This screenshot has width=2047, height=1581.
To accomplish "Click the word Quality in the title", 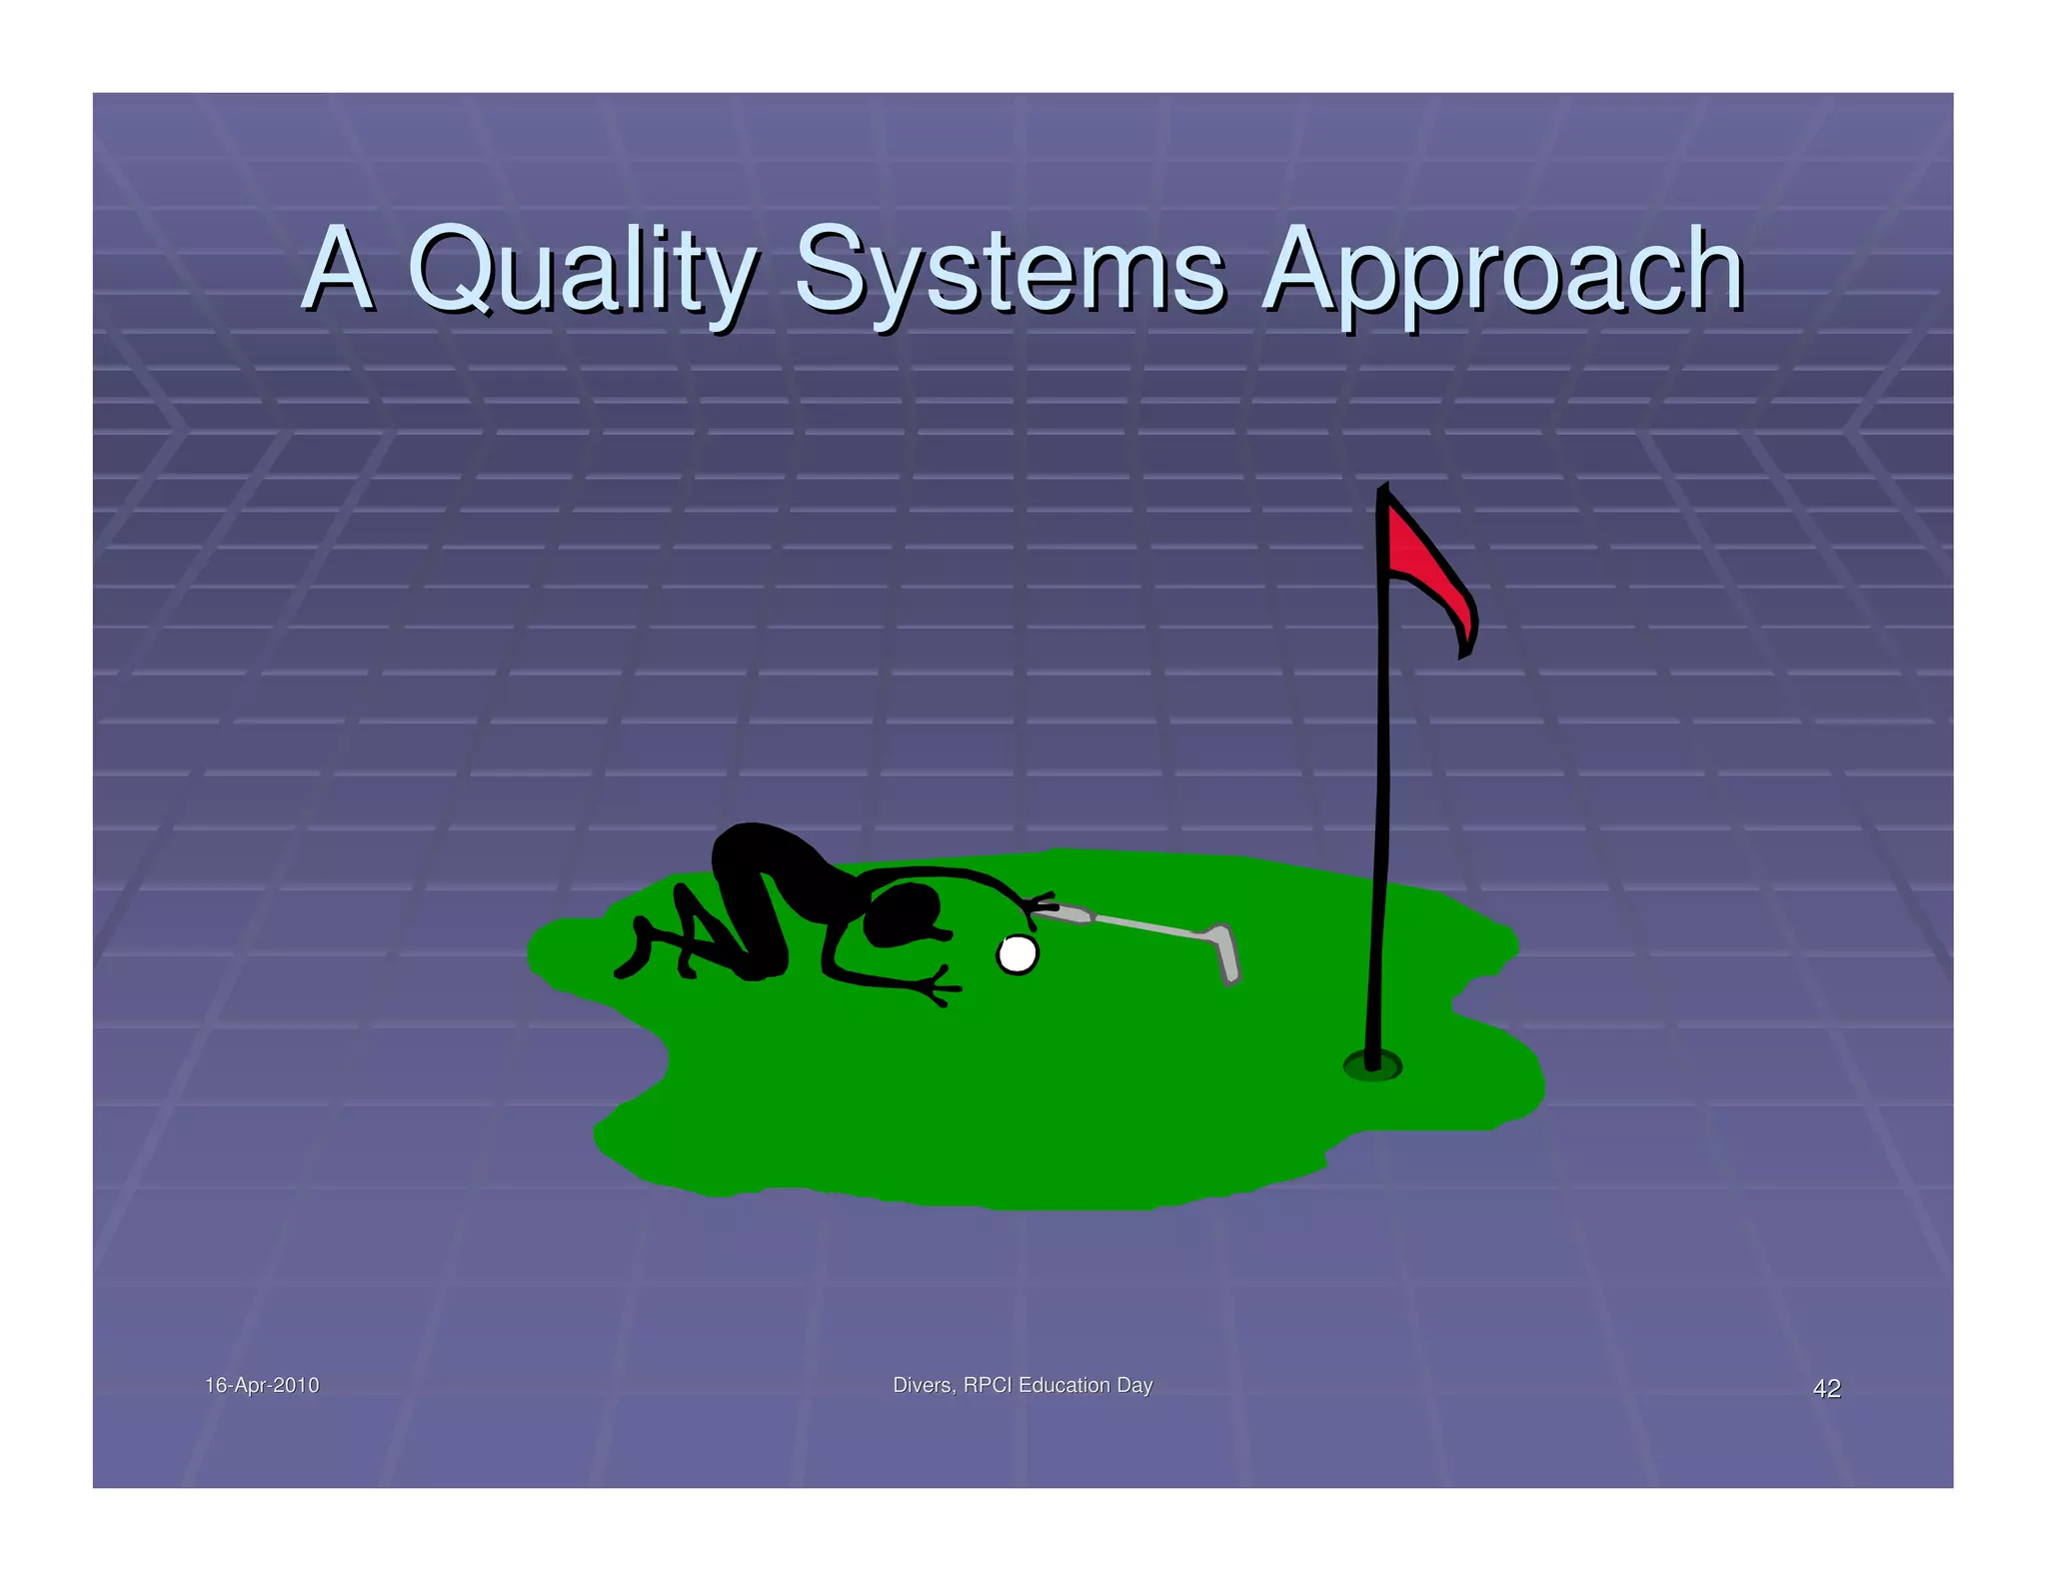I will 580,270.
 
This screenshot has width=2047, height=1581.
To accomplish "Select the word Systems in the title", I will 1010,270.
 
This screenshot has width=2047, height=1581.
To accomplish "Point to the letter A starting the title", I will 338,268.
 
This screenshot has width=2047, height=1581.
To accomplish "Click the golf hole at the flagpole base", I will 1372,1067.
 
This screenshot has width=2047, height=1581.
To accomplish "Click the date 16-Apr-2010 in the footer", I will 262,1385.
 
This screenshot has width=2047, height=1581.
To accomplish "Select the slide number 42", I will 1826,1388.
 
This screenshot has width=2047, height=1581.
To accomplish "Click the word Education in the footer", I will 1064,1385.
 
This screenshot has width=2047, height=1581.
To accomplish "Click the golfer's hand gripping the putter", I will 1040,904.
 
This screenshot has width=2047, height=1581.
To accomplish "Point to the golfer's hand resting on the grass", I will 938,987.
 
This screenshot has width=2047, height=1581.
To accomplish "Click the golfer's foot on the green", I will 629,967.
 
